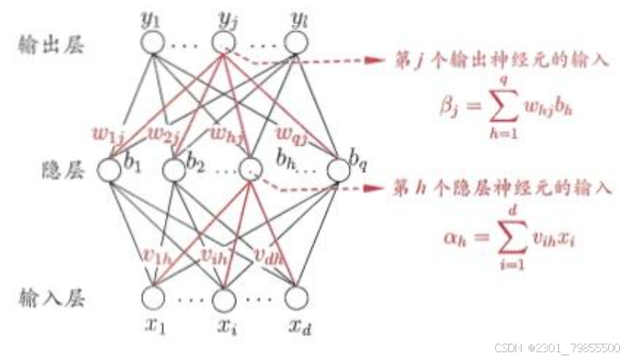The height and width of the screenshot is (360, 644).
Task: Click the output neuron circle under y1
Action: [x=153, y=43]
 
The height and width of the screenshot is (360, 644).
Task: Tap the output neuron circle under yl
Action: [x=295, y=43]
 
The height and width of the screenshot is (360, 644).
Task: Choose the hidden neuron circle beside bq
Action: [x=338, y=169]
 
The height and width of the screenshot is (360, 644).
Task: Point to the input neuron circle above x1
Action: [x=153, y=297]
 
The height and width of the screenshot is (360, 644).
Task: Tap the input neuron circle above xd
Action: [x=295, y=297]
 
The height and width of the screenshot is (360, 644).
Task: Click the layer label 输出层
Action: [x=40, y=44]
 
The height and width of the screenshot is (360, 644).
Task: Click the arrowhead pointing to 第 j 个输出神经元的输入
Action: [x=377, y=61]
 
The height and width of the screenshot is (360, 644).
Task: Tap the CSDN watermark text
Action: [x=557, y=348]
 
